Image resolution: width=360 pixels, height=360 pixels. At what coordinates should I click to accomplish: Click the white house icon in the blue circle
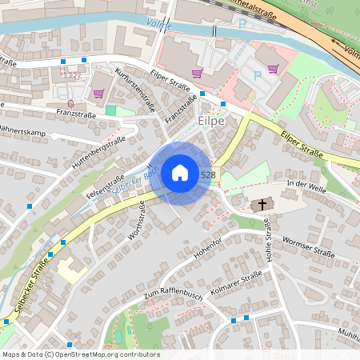[180, 173]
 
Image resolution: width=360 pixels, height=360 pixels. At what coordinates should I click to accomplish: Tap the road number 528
[208, 174]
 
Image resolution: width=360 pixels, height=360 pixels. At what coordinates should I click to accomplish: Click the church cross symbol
[259, 206]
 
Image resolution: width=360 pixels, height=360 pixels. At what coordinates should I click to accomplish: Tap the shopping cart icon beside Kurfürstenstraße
[98, 94]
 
